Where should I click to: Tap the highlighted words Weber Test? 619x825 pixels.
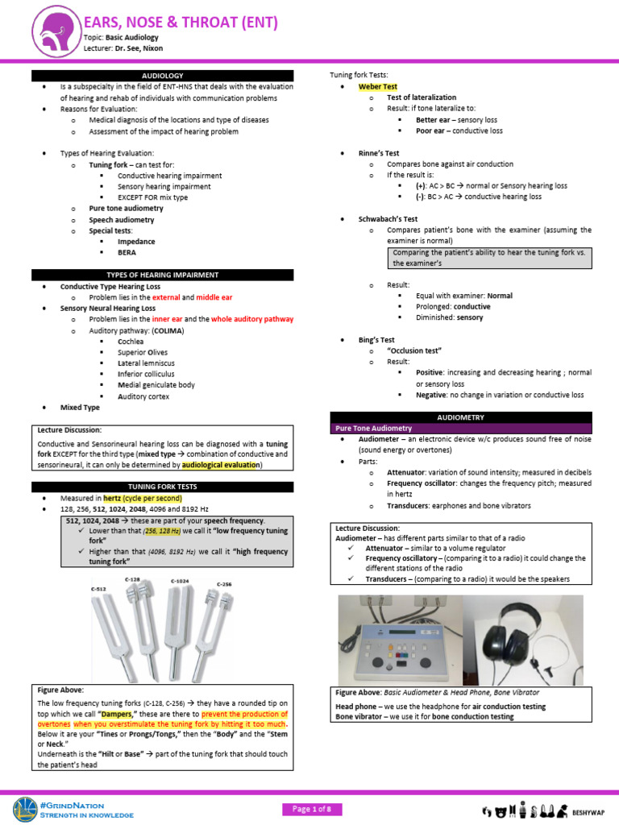(x=378, y=86)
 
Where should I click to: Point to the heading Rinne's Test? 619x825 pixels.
(x=379, y=153)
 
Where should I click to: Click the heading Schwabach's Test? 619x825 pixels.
(x=388, y=218)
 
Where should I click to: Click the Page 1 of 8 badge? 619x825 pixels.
(x=311, y=809)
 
